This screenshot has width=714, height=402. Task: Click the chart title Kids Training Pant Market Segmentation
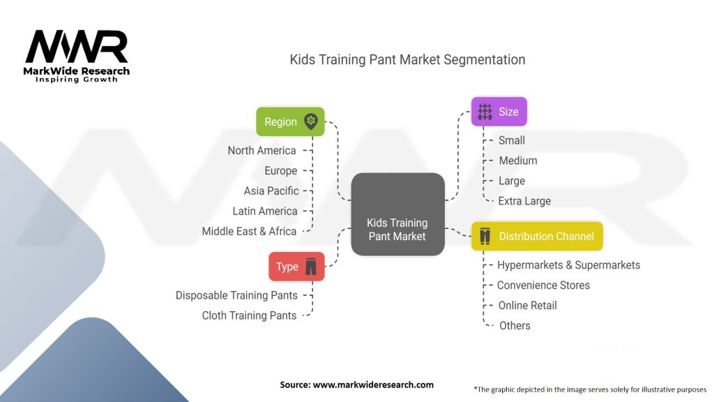(407, 59)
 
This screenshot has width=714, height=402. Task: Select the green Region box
(289, 121)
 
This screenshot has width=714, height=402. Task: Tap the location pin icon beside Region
(310, 121)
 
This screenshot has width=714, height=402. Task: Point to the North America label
(261, 151)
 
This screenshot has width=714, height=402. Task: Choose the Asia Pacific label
(271, 191)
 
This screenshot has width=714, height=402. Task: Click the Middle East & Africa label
(249, 231)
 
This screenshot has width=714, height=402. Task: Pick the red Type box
(296, 267)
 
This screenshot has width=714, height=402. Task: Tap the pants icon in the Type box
(311, 267)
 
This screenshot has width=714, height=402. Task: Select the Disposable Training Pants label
(236, 295)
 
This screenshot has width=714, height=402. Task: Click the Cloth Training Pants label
(249, 315)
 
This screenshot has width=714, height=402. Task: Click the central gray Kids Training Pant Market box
(397, 215)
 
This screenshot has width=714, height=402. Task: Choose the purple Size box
(499, 112)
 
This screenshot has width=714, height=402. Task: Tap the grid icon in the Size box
(485, 112)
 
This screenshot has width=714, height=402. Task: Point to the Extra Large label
(524, 201)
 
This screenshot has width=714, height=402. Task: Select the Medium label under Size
(518, 161)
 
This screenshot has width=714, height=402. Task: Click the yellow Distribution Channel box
(537, 237)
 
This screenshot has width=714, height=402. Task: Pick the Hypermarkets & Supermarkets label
(568, 265)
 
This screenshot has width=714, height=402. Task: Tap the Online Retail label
(527, 305)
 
